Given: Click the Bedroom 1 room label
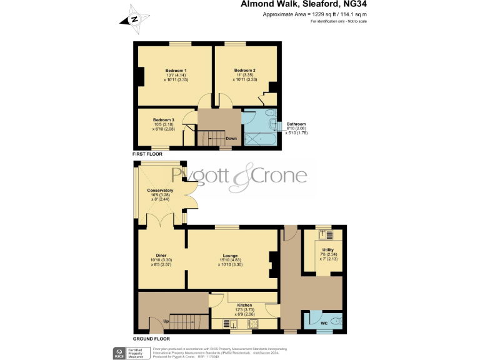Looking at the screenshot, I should coord(176,70).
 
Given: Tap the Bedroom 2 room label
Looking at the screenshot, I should coord(244,70).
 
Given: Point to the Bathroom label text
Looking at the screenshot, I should coord(296,124).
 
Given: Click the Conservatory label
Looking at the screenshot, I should coord(160,190).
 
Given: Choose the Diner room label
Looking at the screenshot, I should coord(161,255).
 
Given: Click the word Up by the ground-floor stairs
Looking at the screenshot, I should coord(166,321).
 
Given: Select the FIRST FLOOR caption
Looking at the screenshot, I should coord(147,154).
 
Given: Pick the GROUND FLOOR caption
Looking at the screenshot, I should coord(150,338).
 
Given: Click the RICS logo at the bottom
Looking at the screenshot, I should coord(118,352).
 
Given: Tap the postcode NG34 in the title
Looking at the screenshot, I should coord(351,4).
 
